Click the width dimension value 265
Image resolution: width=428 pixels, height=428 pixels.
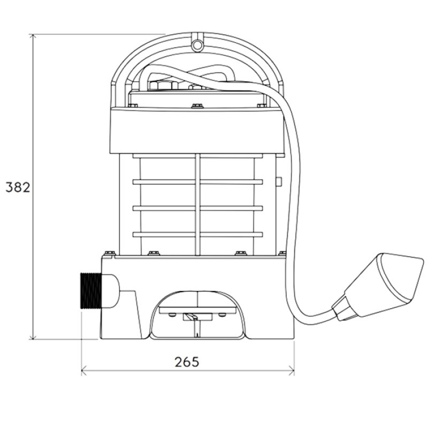click(x=187, y=362)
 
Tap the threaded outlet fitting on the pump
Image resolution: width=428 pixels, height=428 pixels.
click(x=89, y=291)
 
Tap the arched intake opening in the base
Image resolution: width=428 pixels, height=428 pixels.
click(x=198, y=316)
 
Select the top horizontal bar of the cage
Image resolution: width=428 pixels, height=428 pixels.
click(x=198, y=182)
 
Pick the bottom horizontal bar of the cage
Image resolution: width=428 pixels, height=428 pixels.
click(x=198, y=234)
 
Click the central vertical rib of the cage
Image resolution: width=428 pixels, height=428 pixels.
click(x=198, y=203)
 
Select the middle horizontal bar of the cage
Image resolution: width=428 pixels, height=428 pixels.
click(x=198, y=208)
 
